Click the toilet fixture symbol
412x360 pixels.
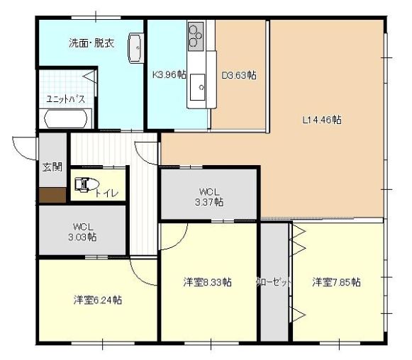click(87, 184)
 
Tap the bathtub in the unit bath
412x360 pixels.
click(66, 119)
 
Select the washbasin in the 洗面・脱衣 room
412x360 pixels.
click(136, 48)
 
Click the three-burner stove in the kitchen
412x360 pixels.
click(196, 37)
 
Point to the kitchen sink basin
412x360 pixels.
click(197, 87)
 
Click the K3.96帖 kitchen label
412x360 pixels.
click(169, 75)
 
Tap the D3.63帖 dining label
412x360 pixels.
click(239, 76)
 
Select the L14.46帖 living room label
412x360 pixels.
click(322, 120)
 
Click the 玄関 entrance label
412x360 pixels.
click(52, 167)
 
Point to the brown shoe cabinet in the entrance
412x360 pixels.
click(52, 195)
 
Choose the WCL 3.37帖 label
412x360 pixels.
click(209, 197)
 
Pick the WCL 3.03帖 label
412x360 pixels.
click(82, 232)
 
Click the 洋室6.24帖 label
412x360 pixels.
click(98, 300)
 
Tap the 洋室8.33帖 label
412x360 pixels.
click(208, 282)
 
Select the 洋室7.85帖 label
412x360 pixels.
click(336, 282)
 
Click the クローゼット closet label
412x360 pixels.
click(274, 283)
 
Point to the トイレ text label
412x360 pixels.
click(106, 193)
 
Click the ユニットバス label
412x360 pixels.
click(66, 99)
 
